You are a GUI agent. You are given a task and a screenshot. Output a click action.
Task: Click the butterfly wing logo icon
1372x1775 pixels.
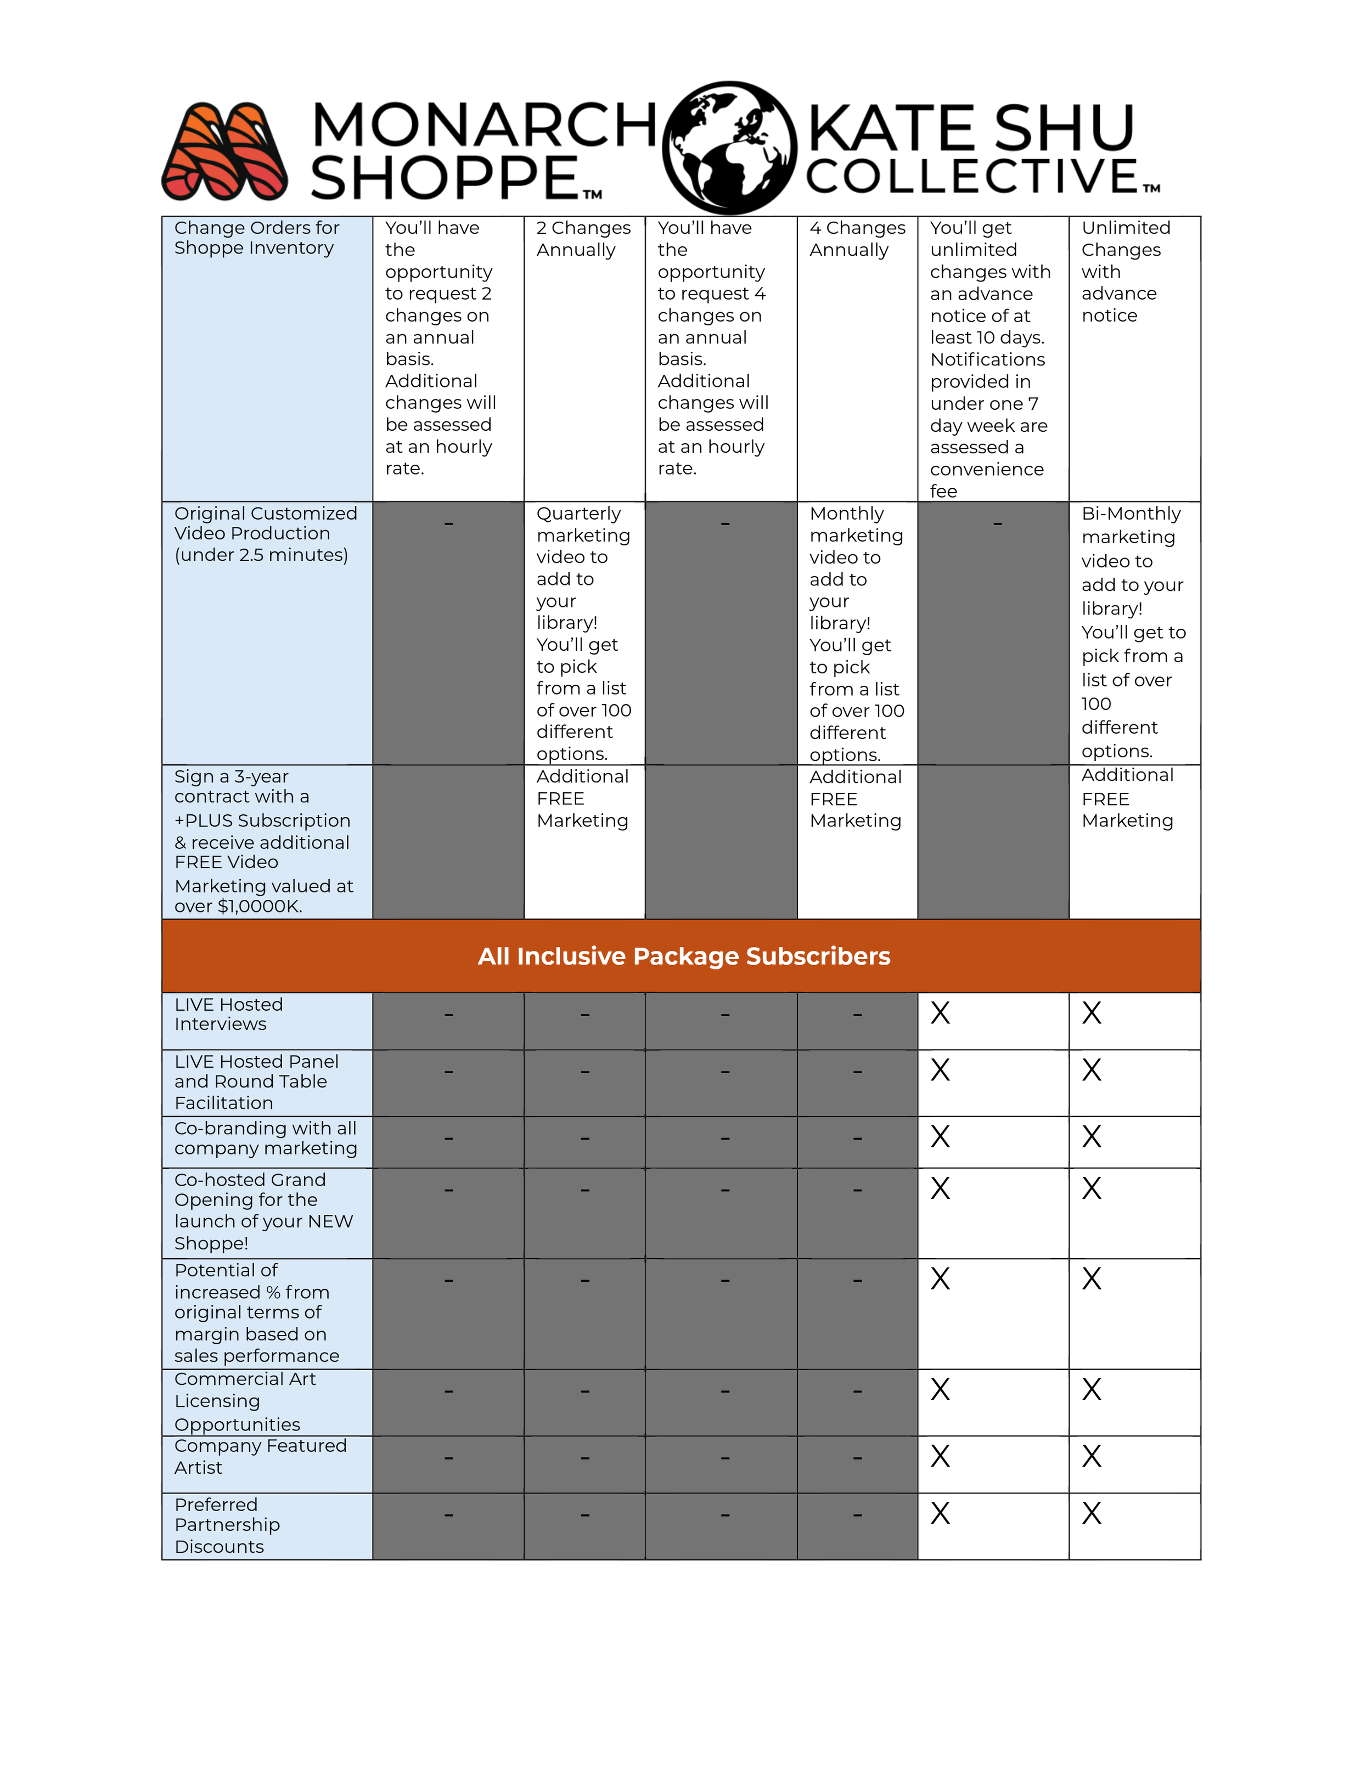point(224,151)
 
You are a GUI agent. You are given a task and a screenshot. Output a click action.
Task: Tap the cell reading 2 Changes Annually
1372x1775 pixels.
point(583,239)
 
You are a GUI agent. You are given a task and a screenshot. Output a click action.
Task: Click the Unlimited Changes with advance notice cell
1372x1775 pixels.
point(1125,272)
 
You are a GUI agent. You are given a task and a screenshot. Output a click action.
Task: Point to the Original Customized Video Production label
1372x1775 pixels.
point(265,534)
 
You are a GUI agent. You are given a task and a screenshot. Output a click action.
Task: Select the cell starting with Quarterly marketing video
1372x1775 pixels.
point(583,633)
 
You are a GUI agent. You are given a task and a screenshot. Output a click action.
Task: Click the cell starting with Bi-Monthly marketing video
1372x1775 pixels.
point(1132,632)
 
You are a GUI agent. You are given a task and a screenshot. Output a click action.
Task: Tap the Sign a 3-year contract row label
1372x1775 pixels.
point(262,841)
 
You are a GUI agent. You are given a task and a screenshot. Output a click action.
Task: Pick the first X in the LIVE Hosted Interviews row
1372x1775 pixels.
point(941,1013)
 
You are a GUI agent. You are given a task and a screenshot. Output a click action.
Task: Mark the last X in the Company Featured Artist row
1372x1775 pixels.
point(1092,1456)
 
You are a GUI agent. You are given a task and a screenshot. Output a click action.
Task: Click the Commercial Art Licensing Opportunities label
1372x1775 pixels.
point(244,1401)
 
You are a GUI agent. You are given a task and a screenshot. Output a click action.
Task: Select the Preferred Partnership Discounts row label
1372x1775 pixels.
point(227,1525)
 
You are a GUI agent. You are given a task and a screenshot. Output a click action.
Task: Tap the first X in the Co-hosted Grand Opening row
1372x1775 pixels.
point(941,1189)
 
